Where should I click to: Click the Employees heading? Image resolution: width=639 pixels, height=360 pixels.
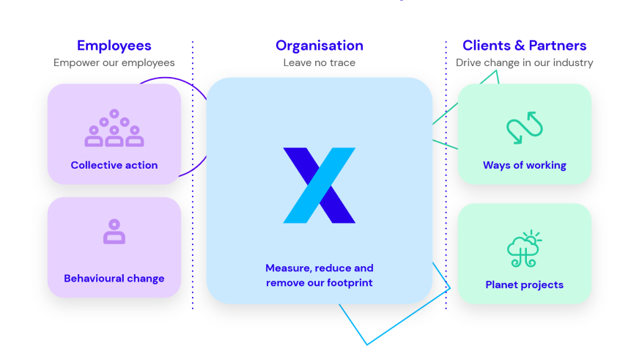[x=114, y=45]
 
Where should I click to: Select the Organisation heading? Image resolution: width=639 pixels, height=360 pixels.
[x=319, y=45]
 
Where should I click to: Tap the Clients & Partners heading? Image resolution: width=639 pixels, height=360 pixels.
[x=524, y=45]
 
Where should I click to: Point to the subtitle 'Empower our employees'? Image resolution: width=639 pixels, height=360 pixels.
[x=114, y=63]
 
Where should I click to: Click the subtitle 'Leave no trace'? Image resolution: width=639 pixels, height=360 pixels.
[x=319, y=63]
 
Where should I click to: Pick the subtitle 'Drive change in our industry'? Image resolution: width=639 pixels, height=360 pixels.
[x=524, y=63]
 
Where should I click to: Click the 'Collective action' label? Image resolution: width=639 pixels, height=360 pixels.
[x=114, y=166]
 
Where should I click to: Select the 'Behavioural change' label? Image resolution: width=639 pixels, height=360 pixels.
[x=114, y=279]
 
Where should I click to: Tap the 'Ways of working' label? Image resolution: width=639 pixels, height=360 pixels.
[x=524, y=166]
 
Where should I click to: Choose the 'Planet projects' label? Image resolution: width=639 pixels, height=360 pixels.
[x=524, y=284]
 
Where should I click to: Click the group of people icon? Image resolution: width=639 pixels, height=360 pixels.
[x=114, y=128]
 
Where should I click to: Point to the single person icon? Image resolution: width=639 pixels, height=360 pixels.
[x=114, y=232]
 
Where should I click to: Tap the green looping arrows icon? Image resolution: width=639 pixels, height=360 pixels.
[x=525, y=128]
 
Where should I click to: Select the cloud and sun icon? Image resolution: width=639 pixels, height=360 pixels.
[x=524, y=249]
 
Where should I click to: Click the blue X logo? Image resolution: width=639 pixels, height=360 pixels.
[x=319, y=185]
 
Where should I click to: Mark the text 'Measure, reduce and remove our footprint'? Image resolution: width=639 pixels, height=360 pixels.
[x=319, y=276]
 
